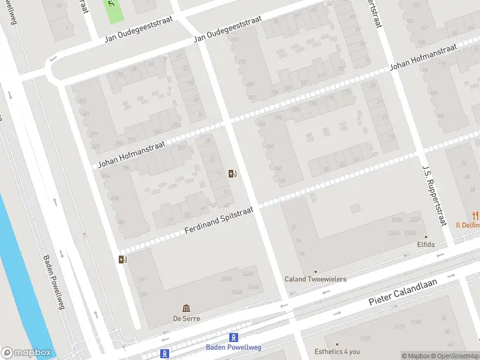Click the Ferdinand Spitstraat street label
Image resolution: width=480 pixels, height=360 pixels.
coord(219,221)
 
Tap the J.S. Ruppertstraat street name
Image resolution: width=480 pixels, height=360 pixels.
coord(435,195)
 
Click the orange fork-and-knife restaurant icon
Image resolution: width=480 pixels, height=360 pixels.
coord(476,215)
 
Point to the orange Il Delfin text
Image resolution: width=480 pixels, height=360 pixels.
coord(467,226)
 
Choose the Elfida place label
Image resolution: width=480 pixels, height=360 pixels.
coord(426,245)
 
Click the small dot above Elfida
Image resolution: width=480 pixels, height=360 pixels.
coord(426,236)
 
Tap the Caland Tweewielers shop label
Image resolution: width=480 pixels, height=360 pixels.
coord(315,280)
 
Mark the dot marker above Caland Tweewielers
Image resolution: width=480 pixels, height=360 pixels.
coord(315,271)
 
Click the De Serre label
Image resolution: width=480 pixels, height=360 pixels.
coord(186,319)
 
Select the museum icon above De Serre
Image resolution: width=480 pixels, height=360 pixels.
coord(186,308)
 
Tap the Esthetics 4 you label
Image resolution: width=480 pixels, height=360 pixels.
coord(337,352)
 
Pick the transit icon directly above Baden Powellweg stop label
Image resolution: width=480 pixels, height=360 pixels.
coord(234,337)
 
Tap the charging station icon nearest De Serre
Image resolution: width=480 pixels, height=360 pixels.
coord(122,259)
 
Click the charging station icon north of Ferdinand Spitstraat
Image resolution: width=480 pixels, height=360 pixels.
coord(232,174)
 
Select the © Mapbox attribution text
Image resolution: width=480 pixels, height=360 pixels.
coord(415,356)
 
